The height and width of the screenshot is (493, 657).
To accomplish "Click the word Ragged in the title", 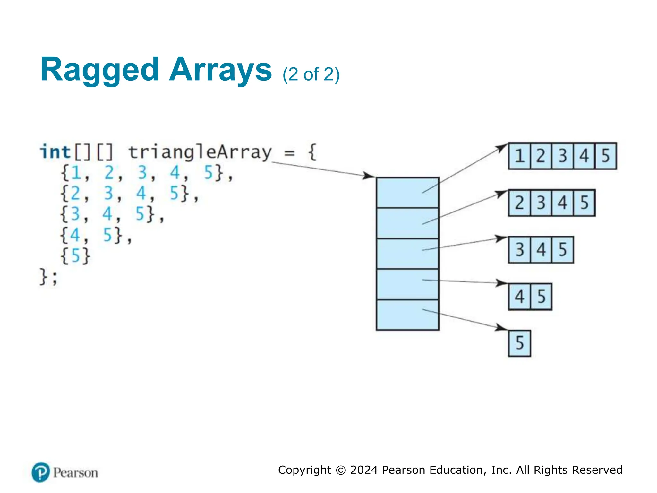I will tap(99, 70).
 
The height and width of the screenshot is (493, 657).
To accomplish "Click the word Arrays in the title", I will tap(220, 70).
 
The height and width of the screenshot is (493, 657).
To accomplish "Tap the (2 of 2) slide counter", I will tap(311, 74).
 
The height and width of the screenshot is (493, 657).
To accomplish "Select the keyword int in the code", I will tap(55, 152).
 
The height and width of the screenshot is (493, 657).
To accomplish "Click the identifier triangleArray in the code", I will tap(200, 152).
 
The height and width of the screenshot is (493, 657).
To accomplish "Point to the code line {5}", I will tap(75, 256).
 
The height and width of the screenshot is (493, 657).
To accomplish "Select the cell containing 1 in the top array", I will tap(519, 156).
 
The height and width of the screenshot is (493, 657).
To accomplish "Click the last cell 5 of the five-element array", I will tap(605, 156).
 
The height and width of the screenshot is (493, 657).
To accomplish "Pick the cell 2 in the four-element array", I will tap(519, 203).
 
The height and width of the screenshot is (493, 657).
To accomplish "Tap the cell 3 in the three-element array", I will tap(519, 250).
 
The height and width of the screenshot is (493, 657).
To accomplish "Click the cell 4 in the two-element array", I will tap(519, 297).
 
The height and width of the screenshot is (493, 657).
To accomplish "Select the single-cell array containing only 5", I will tap(519, 343).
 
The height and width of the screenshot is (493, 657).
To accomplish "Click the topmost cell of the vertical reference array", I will tap(407, 193).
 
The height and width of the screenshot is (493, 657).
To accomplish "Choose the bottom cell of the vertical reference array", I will tap(407, 315).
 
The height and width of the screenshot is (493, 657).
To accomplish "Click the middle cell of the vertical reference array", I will tap(407, 254).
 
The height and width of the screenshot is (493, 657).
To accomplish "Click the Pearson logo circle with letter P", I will tap(41, 472).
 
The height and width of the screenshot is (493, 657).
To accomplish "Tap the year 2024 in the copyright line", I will tap(364, 470).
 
